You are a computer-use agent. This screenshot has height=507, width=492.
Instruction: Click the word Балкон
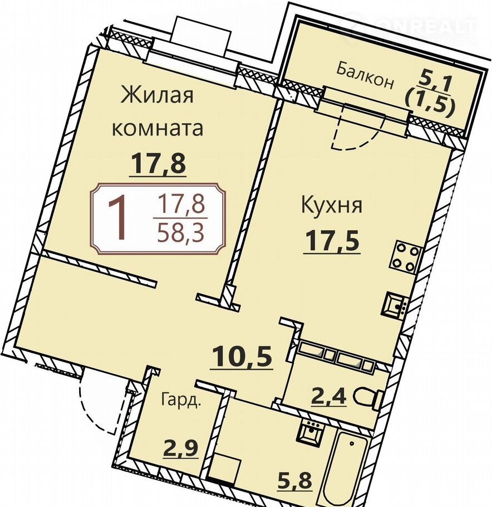[365, 76]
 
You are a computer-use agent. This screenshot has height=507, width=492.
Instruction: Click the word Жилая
[157, 95]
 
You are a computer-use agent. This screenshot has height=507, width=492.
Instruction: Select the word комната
[158, 128]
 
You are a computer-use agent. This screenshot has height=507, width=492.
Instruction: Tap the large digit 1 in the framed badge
[117, 218]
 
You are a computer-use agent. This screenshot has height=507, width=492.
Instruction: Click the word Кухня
[331, 205]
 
